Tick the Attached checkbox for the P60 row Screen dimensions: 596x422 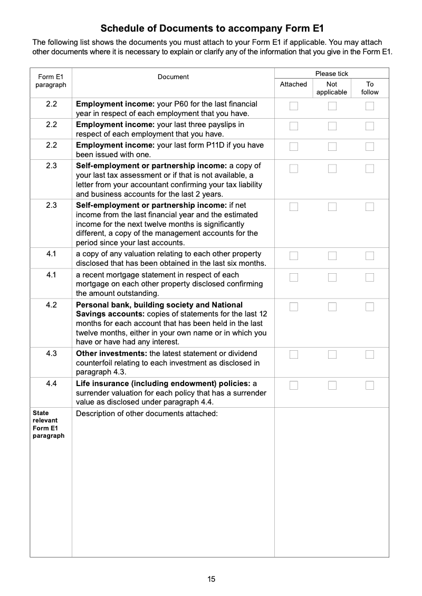click(x=294, y=106)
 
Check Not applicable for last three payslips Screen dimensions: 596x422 click(x=332, y=126)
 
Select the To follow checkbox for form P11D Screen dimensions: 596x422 click(x=370, y=146)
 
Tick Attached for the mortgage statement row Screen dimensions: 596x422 click(x=294, y=277)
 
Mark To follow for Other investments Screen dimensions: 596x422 click(x=370, y=354)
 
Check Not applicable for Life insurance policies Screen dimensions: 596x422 click(x=332, y=385)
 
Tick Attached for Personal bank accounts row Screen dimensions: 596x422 click(x=294, y=306)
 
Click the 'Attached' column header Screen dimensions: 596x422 click(x=293, y=84)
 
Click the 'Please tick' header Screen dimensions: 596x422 click(x=332, y=74)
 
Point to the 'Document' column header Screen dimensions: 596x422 click(x=173, y=77)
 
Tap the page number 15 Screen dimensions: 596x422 click(x=211, y=579)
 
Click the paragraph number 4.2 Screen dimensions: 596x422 click(x=51, y=305)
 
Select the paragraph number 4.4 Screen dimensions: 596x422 click(x=51, y=383)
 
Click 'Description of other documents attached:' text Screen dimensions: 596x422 click(x=147, y=414)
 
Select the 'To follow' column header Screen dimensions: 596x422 click(x=370, y=88)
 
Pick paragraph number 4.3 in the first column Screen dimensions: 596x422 click(x=51, y=353)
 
